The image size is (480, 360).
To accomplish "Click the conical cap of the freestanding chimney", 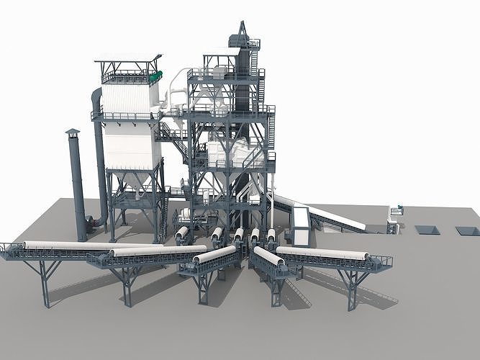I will click(73, 132).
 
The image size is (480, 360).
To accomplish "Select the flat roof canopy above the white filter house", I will click(128, 58).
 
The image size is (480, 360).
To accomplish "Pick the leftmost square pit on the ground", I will click(426, 230).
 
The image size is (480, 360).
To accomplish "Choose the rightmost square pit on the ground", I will click(467, 231).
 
